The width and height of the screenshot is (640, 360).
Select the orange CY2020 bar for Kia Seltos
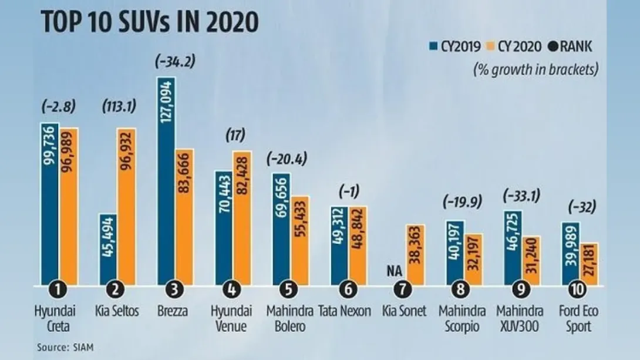[127, 206]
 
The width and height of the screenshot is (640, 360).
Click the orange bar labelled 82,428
[242, 217]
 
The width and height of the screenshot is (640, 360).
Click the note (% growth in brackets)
[535, 69]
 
